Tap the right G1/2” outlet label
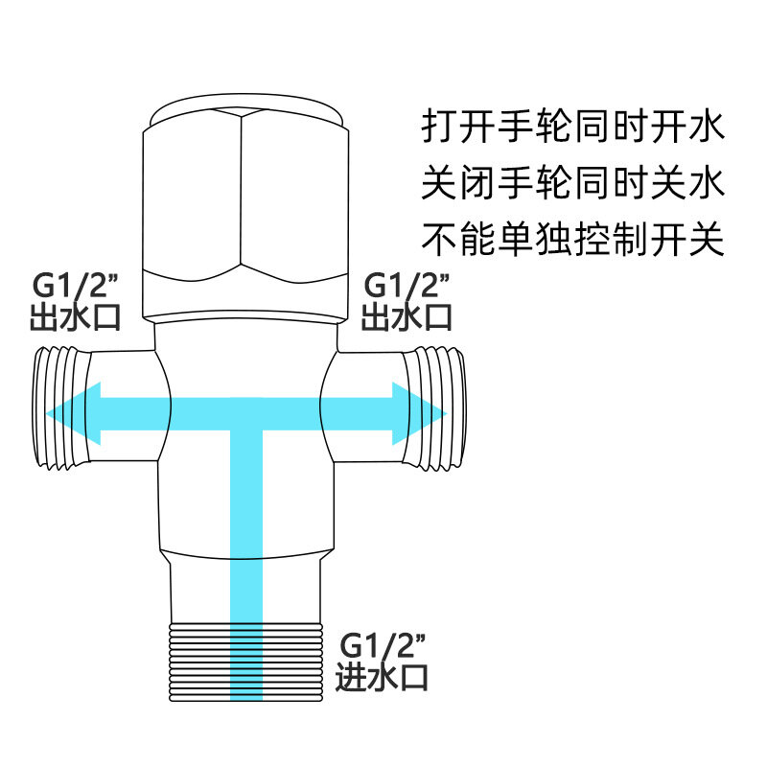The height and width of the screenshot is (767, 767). click(x=406, y=286)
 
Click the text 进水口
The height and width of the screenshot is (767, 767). click(x=381, y=677)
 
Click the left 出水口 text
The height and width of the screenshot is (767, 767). click(x=75, y=316)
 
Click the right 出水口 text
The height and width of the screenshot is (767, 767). click(x=407, y=316)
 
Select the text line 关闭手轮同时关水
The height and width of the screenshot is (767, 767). click(x=572, y=182)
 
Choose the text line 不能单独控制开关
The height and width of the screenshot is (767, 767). click(x=572, y=239)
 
